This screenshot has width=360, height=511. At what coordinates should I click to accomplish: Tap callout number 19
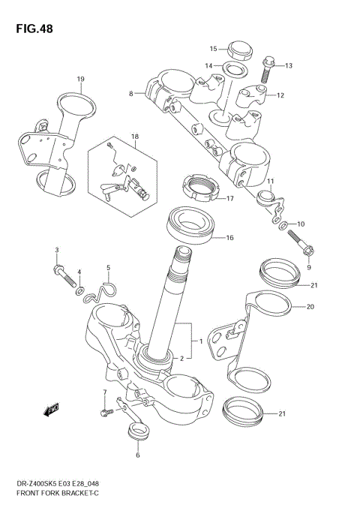[80, 79]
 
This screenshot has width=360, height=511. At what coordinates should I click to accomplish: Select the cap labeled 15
[239, 50]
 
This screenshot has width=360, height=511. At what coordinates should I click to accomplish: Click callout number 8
[131, 94]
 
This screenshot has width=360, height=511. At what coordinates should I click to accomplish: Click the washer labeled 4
[80, 290]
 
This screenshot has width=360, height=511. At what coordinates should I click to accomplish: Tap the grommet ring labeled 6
[137, 431]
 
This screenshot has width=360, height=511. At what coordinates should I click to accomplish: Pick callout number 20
[311, 307]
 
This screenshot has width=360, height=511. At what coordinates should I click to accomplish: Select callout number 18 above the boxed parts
[135, 137]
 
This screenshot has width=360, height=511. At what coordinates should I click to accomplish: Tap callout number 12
[280, 95]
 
